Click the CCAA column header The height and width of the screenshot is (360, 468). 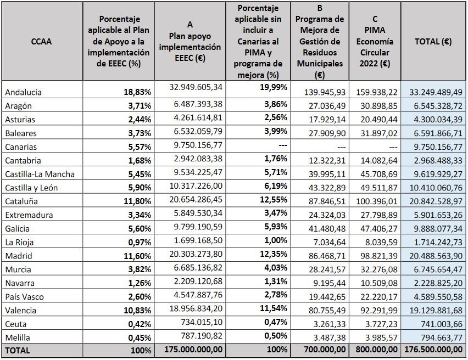click(41, 42)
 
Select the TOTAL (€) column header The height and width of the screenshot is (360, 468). click(433, 42)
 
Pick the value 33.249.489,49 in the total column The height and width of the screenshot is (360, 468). click(433, 92)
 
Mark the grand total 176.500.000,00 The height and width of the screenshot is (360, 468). click(433, 349)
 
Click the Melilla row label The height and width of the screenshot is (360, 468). click(19, 337)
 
